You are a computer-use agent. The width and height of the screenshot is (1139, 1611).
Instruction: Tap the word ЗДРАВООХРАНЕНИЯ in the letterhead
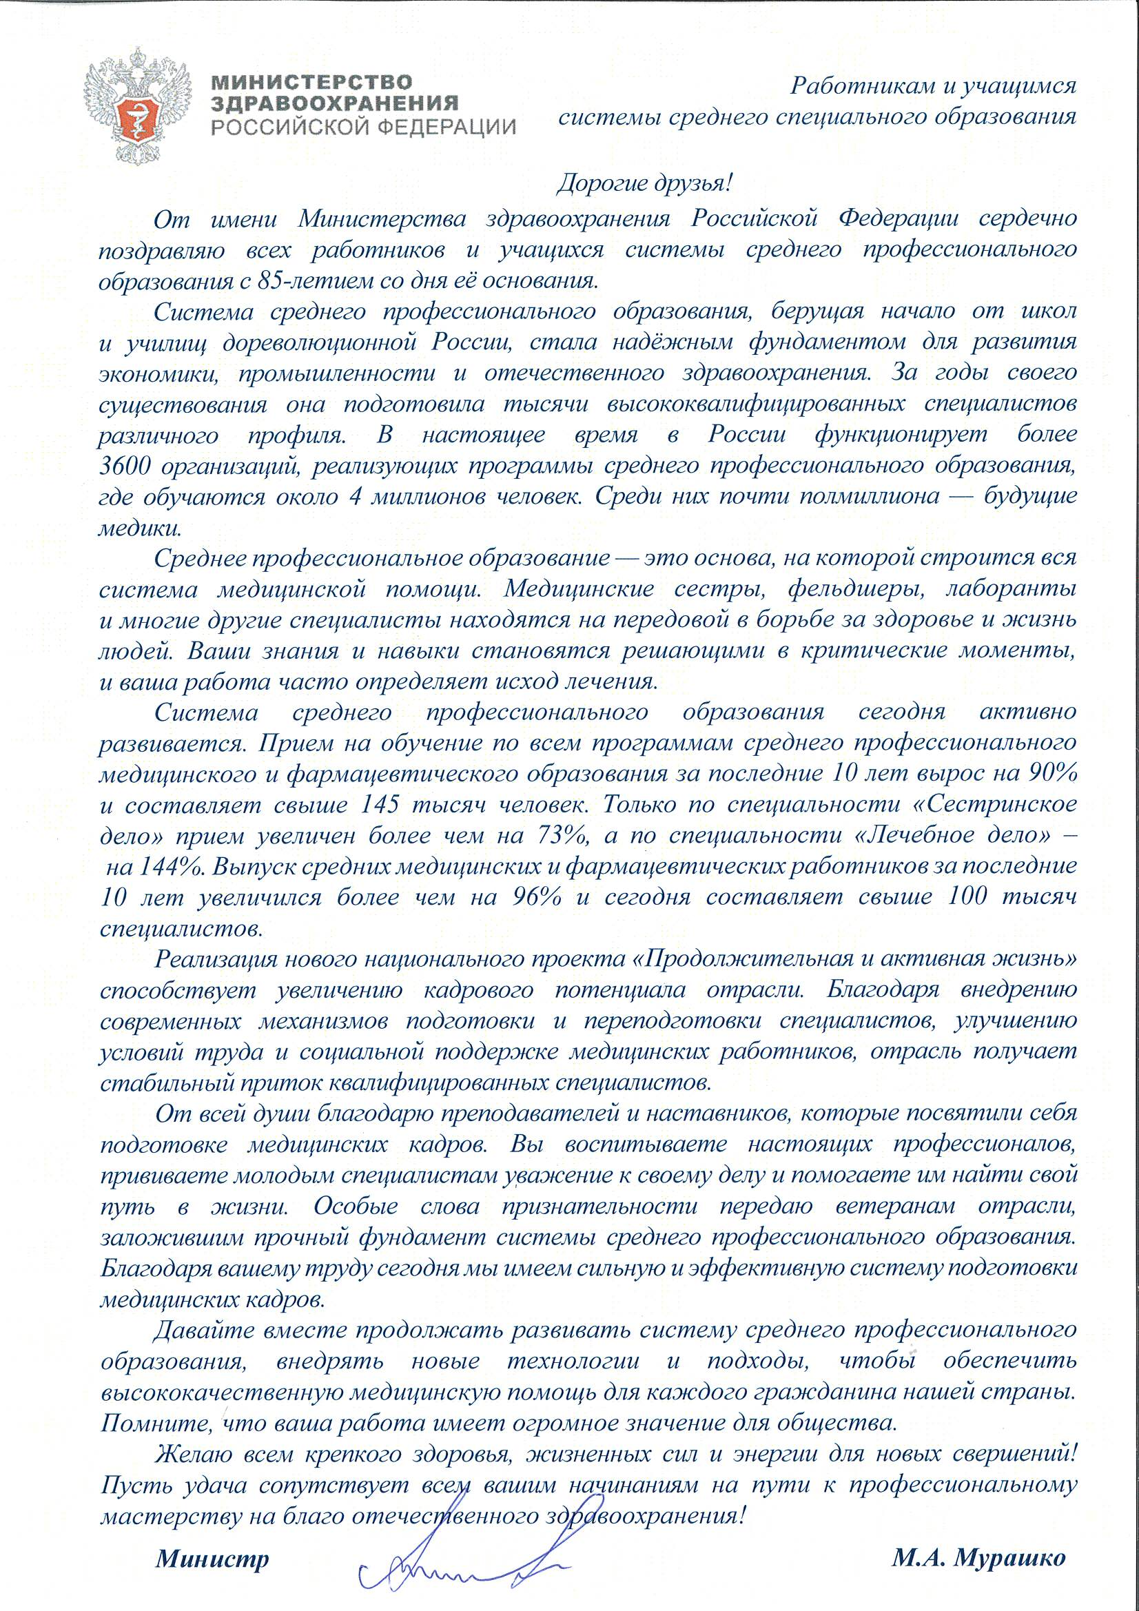(x=336, y=104)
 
